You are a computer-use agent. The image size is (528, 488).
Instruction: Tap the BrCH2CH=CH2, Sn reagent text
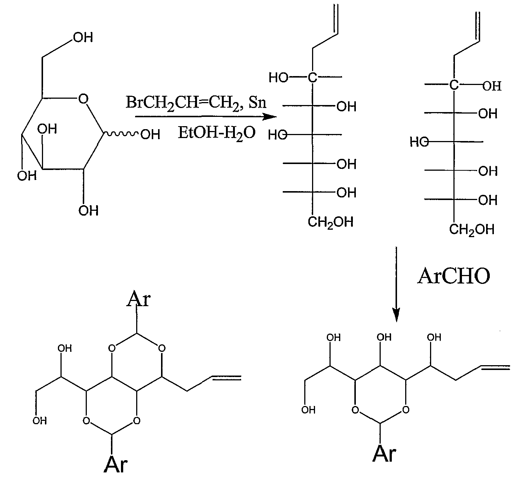[x=196, y=102]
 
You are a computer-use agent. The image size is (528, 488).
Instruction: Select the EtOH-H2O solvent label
[x=217, y=133]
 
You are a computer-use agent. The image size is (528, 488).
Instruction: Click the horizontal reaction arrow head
[x=270, y=117]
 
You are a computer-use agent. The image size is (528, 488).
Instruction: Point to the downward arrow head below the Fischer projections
[x=396, y=315]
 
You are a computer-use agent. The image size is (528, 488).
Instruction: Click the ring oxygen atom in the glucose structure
[x=83, y=99]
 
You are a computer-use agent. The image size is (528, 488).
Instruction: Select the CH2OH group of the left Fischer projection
[x=331, y=222]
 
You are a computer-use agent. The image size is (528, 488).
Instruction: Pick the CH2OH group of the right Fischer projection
[x=472, y=229]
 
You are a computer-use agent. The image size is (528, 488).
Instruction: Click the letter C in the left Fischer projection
[x=313, y=78]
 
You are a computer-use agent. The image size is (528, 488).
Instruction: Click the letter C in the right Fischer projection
[x=454, y=85]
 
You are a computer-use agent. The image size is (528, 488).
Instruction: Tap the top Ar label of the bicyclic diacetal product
[x=138, y=299]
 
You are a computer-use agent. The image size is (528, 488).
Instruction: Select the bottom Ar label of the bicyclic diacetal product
[x=116, y=465]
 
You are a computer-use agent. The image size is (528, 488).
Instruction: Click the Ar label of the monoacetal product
[x=384, y=454]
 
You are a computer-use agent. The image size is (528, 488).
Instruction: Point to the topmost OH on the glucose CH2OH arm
[x=83, y=37]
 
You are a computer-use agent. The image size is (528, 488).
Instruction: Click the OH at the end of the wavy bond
[x=150, y=135]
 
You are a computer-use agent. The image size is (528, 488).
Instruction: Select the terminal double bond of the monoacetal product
[x=495, y=367]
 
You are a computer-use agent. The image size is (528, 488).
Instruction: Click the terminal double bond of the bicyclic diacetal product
[x=226, y=378]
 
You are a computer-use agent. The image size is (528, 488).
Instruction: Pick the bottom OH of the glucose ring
[x=88, y=211]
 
